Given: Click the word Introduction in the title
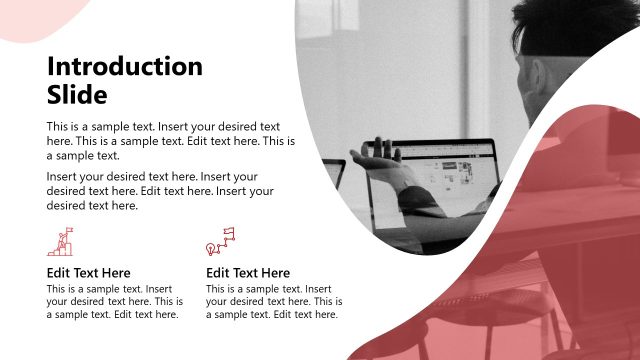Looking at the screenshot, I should pyautogui.click(x=125, y=67).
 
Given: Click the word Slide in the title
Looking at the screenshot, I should pyautogui.click(x=77, y=95).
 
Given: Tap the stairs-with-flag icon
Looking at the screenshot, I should pyautogui.click(x=61, y=242).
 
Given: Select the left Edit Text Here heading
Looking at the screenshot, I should pyautogui.click(x=88, y=273).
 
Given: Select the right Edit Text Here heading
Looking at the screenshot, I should pyautogui.click(x=248, y=273).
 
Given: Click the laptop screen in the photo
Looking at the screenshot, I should pyautogui.click(x=440, y=175).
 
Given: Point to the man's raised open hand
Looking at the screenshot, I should pyautogui.click(x=372, y=160).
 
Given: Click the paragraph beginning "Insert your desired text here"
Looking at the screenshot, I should pyautogui.click(x=160, y=191).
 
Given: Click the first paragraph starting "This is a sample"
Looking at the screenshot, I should pyautogui.click(x=171, y=141).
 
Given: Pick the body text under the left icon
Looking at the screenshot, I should pyautogui.click(x=115, y=301).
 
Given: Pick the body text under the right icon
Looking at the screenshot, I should pyautogui.click(x=274, y=301).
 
